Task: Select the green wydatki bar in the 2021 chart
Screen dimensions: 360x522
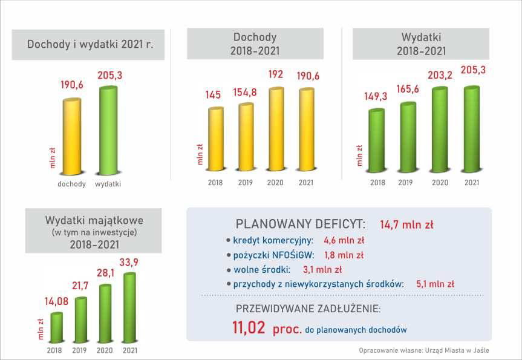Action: click(108, 131)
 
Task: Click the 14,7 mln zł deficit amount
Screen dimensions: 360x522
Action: click(406, 224)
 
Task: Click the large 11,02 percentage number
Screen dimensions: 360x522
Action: click(249, 329)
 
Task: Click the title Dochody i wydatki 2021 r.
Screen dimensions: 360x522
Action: click(90, 44)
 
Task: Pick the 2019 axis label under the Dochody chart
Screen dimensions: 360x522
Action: click(246, 182)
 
